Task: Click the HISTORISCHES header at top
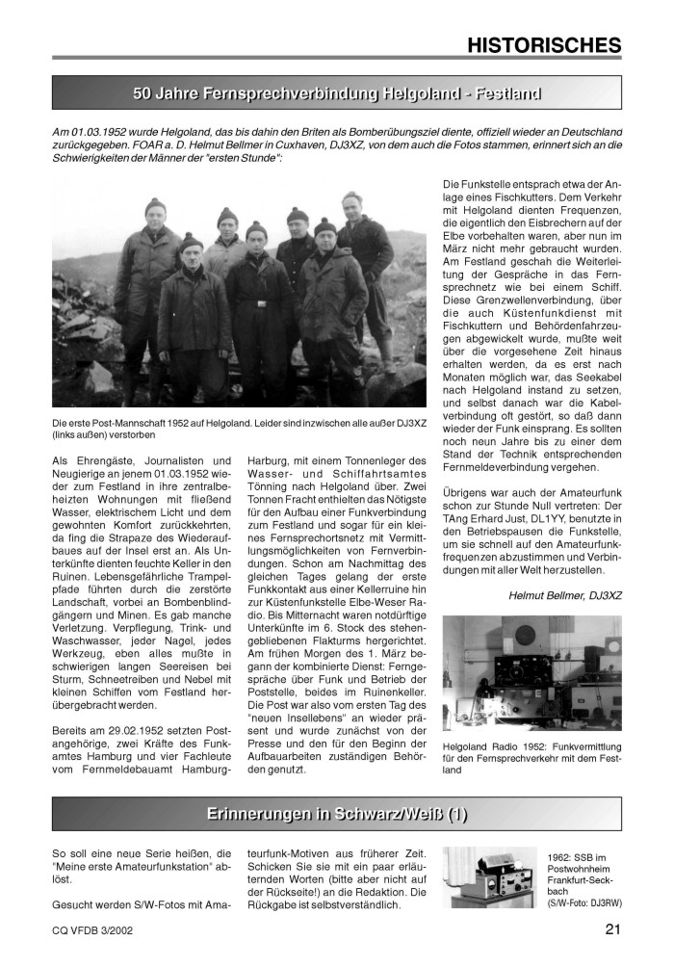544,44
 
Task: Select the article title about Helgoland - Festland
337,93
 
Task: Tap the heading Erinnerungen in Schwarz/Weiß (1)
337,814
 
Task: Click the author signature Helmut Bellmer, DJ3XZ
565,595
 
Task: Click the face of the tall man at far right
352,204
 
